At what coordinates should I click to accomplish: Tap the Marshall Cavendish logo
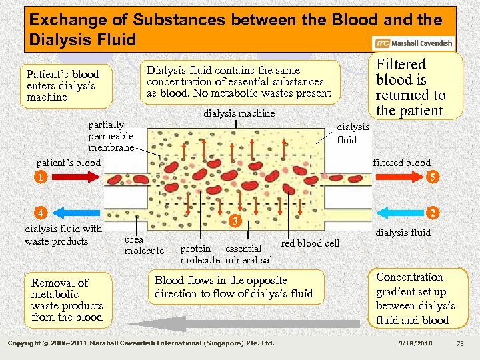click(x=414, y=44)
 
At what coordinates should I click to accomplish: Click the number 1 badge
click(x=41, y=177)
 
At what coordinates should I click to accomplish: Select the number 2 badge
click(x=433, y=213)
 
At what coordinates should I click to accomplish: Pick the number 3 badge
click(x=234, y=221)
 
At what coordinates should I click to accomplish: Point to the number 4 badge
click(x=41, y=213)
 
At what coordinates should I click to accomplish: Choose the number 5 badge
click(x=433, y=177)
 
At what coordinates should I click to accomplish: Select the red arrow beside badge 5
click(x=400, y=177)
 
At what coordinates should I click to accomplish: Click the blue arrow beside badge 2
click(x=400, y=213)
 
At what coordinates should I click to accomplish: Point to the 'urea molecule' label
click(x=144, y=245)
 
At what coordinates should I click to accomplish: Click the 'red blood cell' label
click(x=310, y=243)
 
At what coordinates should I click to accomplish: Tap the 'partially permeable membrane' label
click(x=111, y=136)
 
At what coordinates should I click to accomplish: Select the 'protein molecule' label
click(x=199, y=254)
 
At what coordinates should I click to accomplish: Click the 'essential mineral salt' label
click(x=250, y=254)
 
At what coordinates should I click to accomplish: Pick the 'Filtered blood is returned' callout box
click(x=410, y=87)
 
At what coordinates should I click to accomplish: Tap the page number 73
click(x=459, y=343)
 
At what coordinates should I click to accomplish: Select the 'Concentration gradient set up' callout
click(x=415, y=299)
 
